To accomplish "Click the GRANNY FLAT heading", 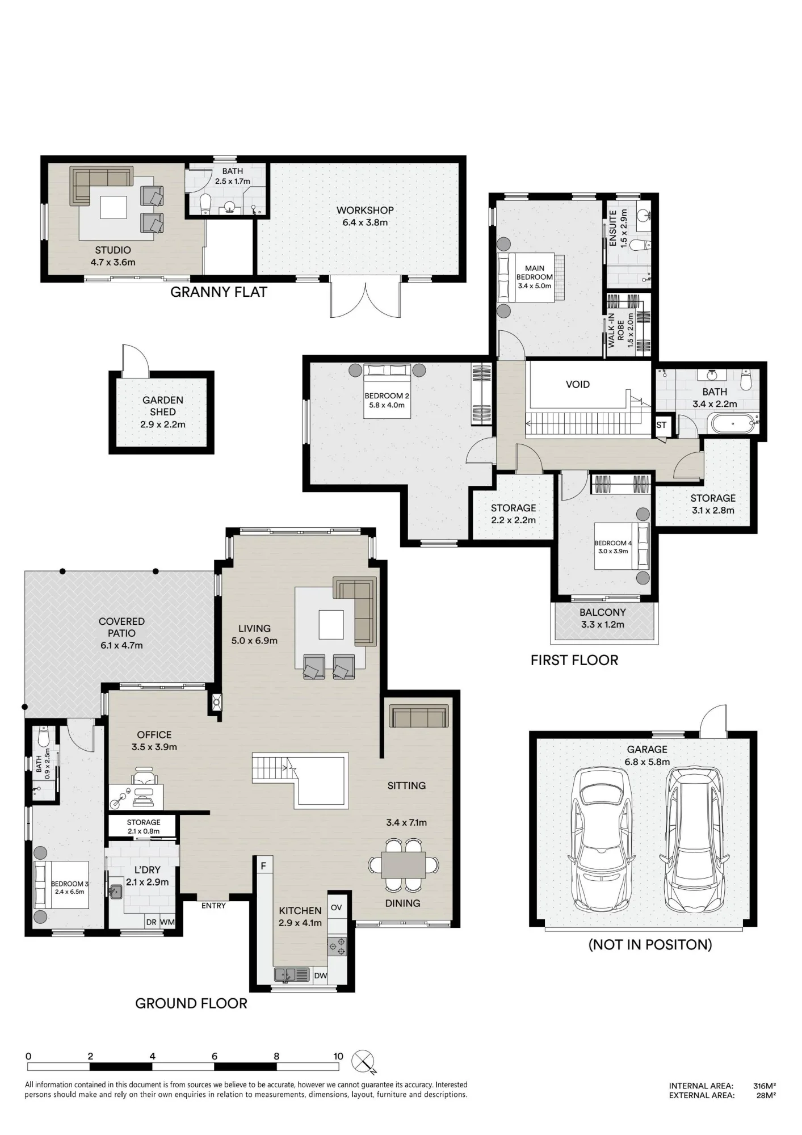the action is (x=219, y=292).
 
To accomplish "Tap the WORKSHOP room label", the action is (x=365, y=210).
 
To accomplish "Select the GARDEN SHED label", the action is (x=163, y=406).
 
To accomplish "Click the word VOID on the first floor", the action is (x=578, y=384).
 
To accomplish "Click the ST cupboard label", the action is (x=661, y=425).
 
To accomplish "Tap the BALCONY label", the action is (x=603, y=612).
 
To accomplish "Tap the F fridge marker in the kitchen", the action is (x=263, y=866).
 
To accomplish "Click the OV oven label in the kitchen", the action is (x=336, y=907).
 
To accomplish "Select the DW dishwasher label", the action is (x=320, y=976).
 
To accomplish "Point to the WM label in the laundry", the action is (x=167, y=922).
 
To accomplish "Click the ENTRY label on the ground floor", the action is (x=213, y=905).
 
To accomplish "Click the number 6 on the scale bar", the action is (x=215, y=1056).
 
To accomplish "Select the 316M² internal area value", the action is (x=765, y=1086).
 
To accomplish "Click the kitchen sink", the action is (x=292, y=974).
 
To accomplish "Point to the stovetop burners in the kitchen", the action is (x=337, y=945).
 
